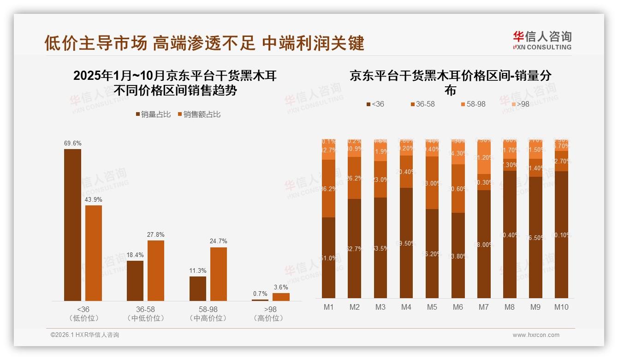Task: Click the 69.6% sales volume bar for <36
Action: pos(72,225)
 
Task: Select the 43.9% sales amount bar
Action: pos(94,253)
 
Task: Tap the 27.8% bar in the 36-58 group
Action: pos(156,270)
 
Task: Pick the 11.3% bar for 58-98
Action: pos(197,288)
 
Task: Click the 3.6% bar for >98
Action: pos(281,297)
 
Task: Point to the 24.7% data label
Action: pos(218,241)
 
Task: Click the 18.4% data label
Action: pos(135,255)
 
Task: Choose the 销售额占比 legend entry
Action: pos(199,114)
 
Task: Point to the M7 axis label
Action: pos(483,307)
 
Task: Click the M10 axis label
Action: pos(561,307)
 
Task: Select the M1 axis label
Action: pos(328,307)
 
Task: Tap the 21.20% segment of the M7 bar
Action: pos(483,157)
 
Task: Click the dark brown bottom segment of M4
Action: pos(406,243)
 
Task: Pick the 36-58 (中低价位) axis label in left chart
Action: pos(145,313)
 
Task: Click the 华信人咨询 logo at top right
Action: pos(542,40)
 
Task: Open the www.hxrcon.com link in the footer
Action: pos(535,335)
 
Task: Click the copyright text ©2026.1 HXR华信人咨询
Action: pos(85,335)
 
